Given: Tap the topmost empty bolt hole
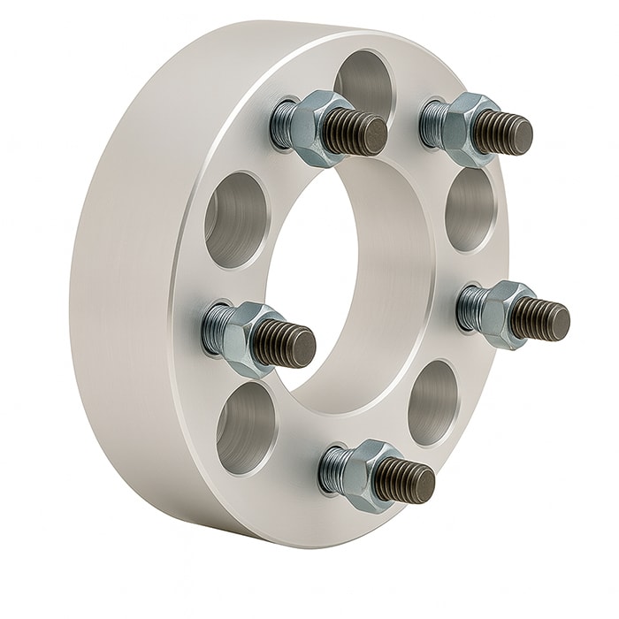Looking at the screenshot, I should pyautogui.click(x=363, y=80).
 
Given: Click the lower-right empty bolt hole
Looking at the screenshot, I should pyautogui.click(x=433, y=402).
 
